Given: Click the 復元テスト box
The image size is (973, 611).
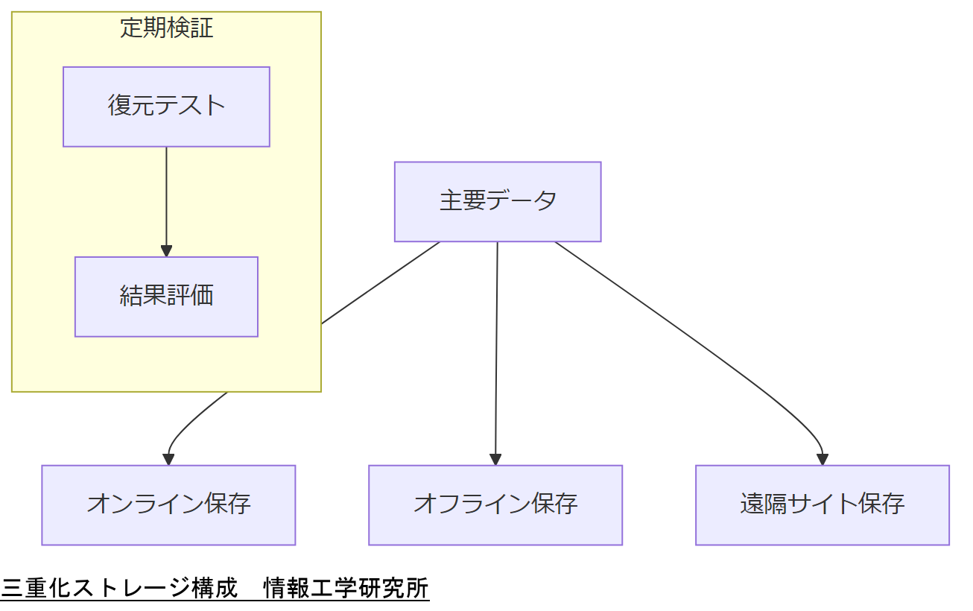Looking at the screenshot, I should pos(166,107).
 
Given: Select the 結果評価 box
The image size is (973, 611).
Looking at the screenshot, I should pos(166,297).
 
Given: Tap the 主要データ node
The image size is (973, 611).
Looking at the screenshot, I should pos(497,201).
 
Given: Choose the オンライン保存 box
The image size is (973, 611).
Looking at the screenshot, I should pos(168,504).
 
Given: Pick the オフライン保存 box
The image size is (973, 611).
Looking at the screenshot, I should pos(495,504).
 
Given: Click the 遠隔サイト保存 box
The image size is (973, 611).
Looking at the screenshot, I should pos(822,504).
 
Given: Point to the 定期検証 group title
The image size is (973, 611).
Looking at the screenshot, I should pos(166,28).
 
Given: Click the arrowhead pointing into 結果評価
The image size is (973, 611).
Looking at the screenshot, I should pos(166,250).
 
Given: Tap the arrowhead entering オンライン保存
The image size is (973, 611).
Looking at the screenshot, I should pos(169,459).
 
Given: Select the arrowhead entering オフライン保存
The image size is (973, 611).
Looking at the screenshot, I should pos(495,459).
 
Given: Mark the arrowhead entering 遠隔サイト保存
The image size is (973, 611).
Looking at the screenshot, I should pos(822,459).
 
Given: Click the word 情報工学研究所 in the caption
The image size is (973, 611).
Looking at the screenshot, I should pos(346,589).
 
